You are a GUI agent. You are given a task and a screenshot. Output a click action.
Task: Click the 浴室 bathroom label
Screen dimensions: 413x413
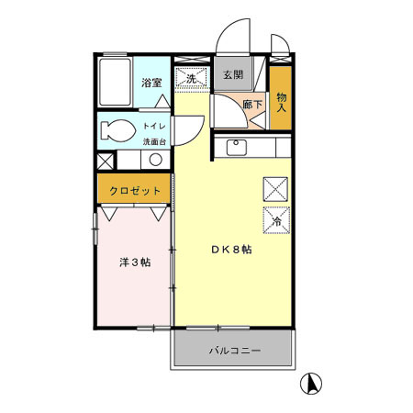click(x=151, y=83)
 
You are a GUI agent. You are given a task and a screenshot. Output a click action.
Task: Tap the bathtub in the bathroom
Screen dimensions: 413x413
click(x=115, y=82)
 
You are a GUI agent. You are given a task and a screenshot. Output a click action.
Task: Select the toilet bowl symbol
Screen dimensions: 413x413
click(x=118, y=130)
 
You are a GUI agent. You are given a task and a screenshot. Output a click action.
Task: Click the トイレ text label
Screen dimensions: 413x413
click(x=154, y=126)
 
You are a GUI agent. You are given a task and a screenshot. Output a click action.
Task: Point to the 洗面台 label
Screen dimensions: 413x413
click(x=154, y=142)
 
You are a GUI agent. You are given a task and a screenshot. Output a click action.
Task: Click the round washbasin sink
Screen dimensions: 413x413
click(x=156, y=160)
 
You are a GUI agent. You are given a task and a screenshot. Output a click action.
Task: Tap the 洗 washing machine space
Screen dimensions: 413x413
click(x=191, y=79)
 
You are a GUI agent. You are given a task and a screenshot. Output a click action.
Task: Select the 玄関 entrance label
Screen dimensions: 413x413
click(x=233, y=74)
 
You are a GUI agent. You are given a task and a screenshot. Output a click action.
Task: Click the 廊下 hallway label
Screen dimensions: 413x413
click(x=252, y=105)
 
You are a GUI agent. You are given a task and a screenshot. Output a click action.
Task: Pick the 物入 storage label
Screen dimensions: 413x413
click(x=281, y=102)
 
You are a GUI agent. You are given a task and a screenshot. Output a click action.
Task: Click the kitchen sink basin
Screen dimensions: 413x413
click(x=237, y=147)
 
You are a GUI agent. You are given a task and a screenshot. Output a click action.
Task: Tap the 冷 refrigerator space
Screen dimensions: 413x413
click(x=276, y=220)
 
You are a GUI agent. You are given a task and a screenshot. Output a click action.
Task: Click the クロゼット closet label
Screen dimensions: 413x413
click(x=135, y=191)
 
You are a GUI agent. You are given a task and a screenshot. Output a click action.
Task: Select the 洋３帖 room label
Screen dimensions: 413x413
click(x=135, y=262)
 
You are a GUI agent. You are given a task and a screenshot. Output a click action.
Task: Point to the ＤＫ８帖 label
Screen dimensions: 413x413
click(x=231, y=250)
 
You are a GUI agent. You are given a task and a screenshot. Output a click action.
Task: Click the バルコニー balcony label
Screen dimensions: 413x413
click(x=235, y=351)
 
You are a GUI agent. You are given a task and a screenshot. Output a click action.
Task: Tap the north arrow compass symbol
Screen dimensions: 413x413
click(x=311, y=384)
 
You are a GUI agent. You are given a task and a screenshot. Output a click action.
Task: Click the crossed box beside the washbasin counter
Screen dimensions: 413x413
click(x=105, y=161)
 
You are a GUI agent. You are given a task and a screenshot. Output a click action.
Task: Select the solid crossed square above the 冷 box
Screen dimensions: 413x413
click(x=275, y=189)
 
